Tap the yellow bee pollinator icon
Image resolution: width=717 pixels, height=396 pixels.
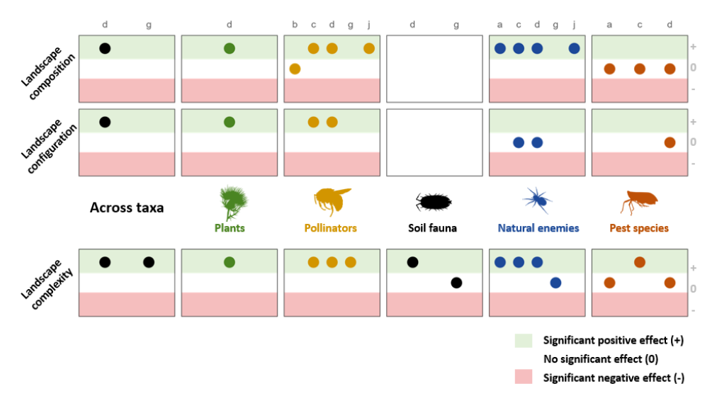click(x=332, y=200)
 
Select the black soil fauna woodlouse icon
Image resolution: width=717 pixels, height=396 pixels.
click(x=433, y=202)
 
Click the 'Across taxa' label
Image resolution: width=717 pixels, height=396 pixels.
click(x=127, y=208)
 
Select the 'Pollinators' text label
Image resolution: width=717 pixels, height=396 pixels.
click(x=330, y=228)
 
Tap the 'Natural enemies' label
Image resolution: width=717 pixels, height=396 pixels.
click(x=538, y=228)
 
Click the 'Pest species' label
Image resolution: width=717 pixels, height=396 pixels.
click(x=639, y=228)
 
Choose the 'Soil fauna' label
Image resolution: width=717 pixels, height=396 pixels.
click(x=432, y=228)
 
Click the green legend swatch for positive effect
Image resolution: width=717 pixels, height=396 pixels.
click(x=523, y=340)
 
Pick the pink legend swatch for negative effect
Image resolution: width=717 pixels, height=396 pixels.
click(x=523, y=378)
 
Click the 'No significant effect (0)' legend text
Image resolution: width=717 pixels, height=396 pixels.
click(x=601, y=359)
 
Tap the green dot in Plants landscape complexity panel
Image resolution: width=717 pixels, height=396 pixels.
click(x=229, y=262)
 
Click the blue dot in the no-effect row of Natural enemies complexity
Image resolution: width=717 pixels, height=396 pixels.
click(x=555, y=283)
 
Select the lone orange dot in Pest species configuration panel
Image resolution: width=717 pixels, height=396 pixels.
click(x=670, y=142)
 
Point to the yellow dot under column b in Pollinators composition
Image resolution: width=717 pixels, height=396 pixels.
click(x=295, y=69)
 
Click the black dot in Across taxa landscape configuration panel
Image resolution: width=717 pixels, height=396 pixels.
click(x=105, y=122)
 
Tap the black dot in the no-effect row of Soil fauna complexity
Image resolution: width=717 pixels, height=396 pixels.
click(x=456, y=283)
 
